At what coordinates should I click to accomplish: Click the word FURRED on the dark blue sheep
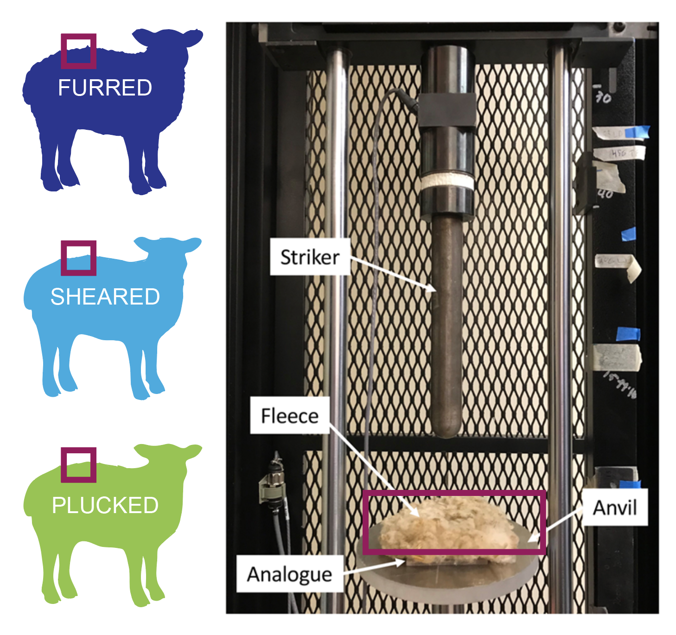pos(105,88)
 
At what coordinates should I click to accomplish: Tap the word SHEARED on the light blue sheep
pos(105,297)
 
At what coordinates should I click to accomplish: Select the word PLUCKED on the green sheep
pos(105,505)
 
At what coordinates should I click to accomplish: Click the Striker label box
pos(310,257)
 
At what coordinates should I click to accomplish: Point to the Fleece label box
pos(290,416)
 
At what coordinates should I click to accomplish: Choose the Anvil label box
pos(615,508)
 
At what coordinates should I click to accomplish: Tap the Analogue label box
pos(290,574)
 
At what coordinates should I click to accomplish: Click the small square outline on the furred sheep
pos(79,51)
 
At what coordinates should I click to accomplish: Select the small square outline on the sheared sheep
pos(79,258)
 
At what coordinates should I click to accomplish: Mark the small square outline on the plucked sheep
pos(79,465)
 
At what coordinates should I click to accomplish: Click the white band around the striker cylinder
pos(447,182)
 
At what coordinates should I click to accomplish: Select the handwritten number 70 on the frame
pos(603,97)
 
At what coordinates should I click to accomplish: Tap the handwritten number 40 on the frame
pos(605,194)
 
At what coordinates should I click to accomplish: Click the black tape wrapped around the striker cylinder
pos(447,110)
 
